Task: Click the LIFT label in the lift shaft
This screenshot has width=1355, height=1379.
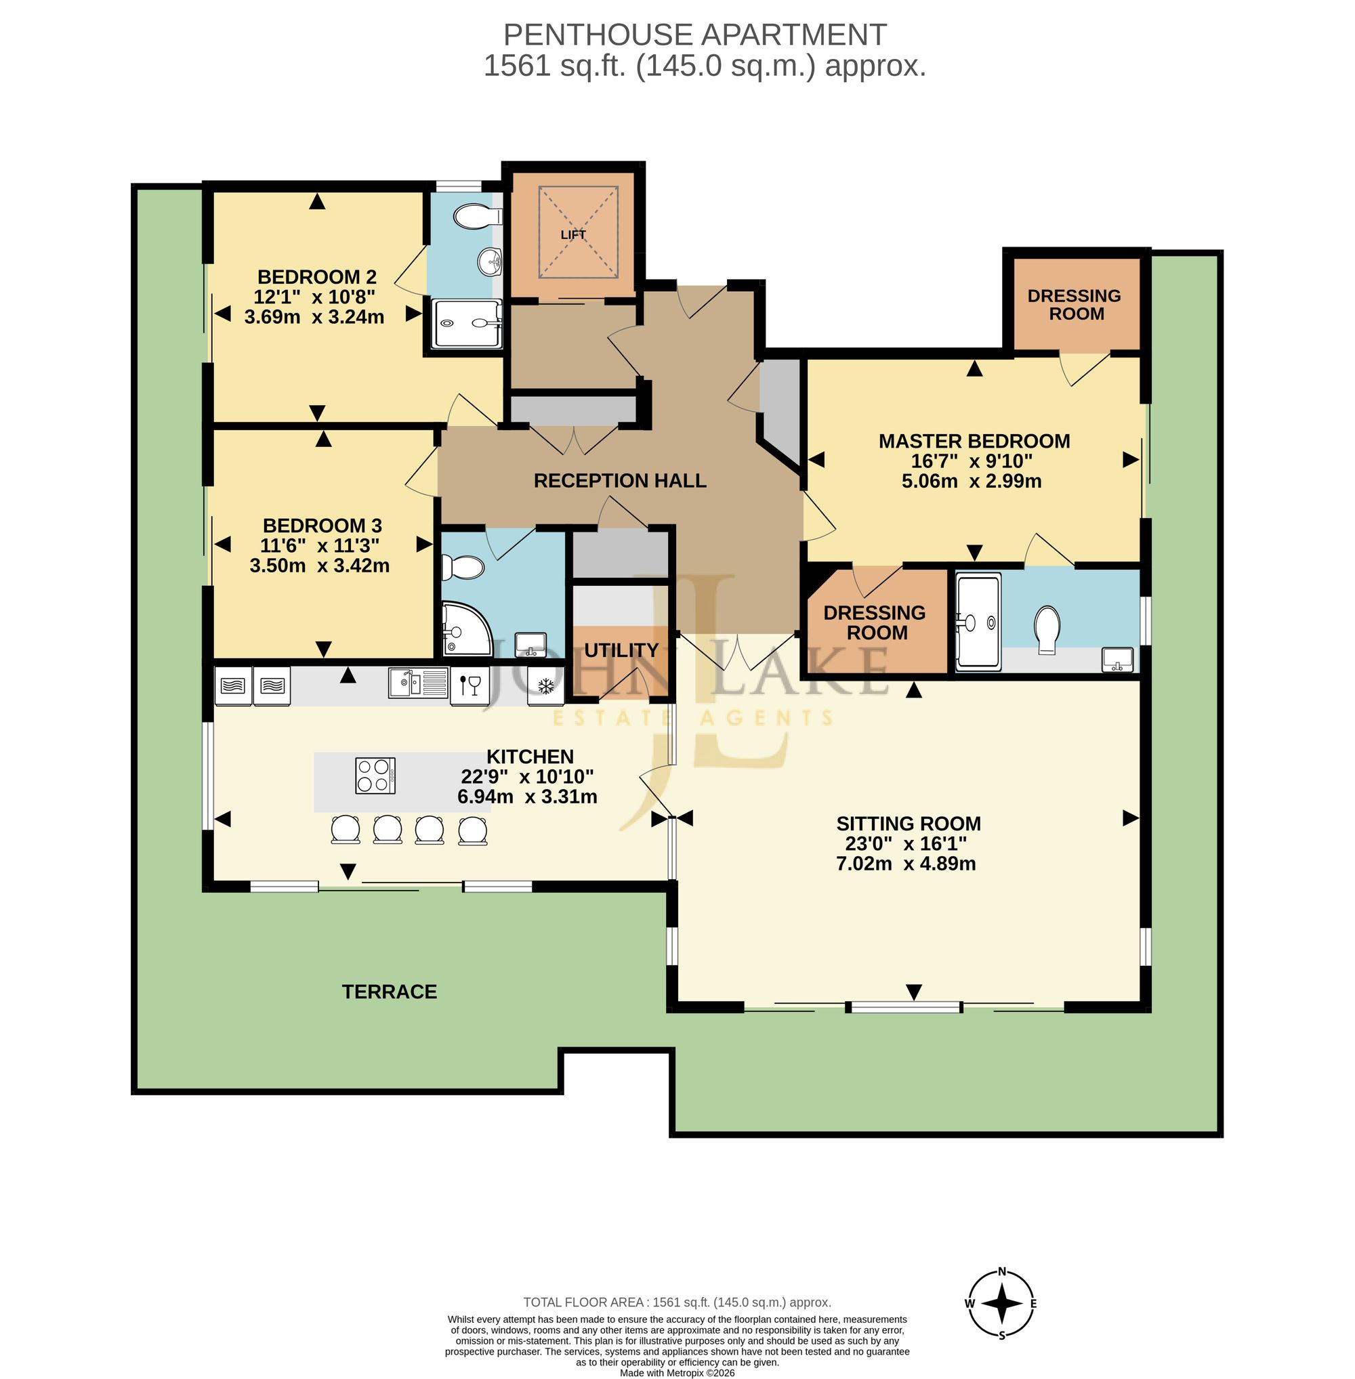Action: [573, 235]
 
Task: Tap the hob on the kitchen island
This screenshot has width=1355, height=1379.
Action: [375, 776]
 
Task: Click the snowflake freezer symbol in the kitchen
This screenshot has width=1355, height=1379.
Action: [546, 687]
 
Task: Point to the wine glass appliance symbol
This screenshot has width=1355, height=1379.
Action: [470, 687]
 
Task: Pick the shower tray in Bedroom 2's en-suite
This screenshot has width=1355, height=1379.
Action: [467, 323]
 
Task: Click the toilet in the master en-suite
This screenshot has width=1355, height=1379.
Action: [1047, 630]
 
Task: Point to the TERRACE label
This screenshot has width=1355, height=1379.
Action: [390, 992]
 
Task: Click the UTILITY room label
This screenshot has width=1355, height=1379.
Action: [621, 650]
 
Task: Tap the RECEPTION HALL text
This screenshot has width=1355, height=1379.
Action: [620, 481]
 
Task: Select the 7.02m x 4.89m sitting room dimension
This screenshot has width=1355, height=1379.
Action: [906, 864]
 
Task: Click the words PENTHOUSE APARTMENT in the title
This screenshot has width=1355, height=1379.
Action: [694, 35]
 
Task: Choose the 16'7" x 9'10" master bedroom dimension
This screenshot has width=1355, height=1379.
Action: [972, 461]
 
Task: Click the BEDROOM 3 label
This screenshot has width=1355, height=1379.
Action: [322, 526]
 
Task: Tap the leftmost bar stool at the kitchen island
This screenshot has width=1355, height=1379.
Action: [346, 830]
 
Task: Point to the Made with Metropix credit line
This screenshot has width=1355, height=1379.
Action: [677, 1373]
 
